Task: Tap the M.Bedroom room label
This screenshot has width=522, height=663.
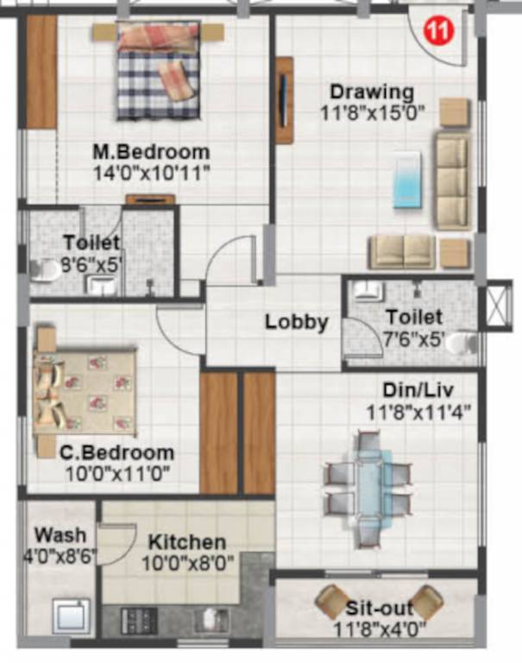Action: click(151, 152)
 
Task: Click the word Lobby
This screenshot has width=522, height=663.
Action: click(296, 323)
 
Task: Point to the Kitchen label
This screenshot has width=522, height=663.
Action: click(187, 543)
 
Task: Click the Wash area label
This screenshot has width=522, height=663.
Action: click(53, 536)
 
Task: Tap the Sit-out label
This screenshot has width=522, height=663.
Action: click(380, 607)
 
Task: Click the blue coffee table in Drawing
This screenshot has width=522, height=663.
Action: click(407, 180)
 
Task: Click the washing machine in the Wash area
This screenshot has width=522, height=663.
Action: click(68, 616)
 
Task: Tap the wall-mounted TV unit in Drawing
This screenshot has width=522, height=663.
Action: click(284, 100)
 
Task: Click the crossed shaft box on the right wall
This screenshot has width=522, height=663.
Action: click(499, 306)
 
